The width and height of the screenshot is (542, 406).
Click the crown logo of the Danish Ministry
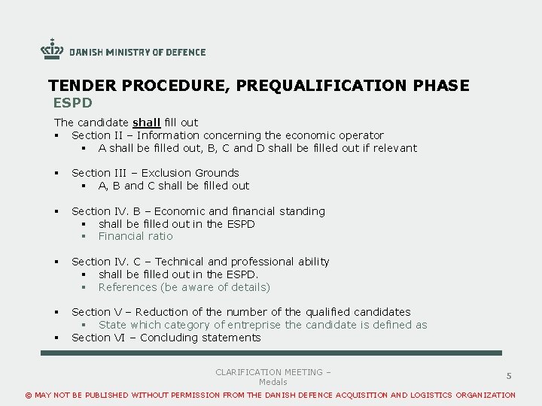click(x=52, y=49)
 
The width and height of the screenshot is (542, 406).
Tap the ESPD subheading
click(x=72, y=102)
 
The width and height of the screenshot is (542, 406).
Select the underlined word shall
click(x=147, y=123)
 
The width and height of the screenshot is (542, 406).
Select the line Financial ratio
click(x=135, y=236)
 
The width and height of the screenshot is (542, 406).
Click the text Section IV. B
click(x=103, y=211)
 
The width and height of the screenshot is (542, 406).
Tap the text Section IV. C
click(x=103, y=262)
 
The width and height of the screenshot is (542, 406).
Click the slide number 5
click(x=509, y=375)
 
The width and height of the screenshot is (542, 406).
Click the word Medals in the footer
click(x=273, y=383)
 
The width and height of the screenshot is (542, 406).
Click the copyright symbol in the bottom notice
click(x=29, y=395)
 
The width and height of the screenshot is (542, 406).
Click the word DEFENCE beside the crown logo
click(x=185, y=52)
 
